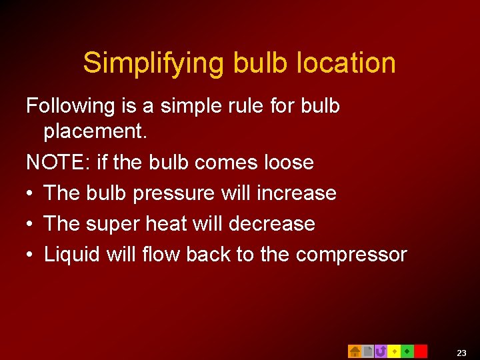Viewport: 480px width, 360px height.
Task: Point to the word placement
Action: pos(95,132)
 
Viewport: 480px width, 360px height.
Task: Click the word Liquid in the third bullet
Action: pos(69,255)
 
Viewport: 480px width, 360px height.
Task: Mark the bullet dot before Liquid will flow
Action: pos(30,255)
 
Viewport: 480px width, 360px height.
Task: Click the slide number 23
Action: pos(462,353)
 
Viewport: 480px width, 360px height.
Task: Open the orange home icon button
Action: pos(355,351)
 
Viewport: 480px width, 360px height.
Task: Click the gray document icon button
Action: pos(367,351)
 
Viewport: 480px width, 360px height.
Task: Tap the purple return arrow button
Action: pos(381,351)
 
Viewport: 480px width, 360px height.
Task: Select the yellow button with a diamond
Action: pos(394,351)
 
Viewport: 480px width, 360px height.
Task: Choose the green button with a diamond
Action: pos(407,351)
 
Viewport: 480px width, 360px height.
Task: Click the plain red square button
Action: pos(421,351)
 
